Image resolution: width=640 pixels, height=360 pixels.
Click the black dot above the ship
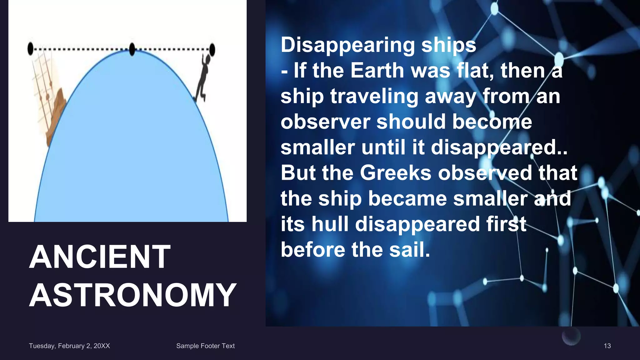coord(30,49)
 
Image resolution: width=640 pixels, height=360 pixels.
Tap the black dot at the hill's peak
coord(132,49)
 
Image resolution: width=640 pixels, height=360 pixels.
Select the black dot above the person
coord(212,49)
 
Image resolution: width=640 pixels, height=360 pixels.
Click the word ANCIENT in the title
coord(100,257)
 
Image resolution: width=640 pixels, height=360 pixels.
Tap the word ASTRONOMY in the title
coord(132,295)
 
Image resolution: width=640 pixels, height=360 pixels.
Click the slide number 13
coord(607,346)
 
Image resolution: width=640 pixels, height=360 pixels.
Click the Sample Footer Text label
coord(205,346)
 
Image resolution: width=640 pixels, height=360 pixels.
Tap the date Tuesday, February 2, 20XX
coord(69,346)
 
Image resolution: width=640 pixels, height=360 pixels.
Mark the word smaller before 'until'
coord(317,147)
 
